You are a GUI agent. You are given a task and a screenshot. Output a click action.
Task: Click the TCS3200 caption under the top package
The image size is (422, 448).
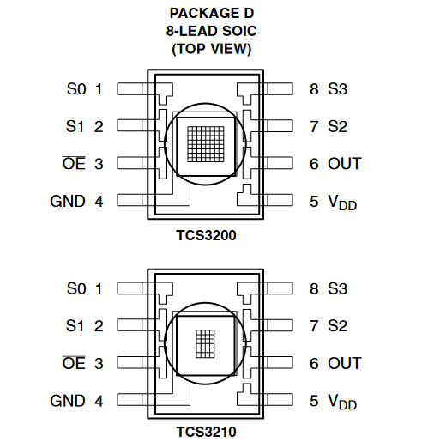tap(206, 235)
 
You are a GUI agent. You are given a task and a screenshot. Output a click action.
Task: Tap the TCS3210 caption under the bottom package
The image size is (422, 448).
tap(206, 432)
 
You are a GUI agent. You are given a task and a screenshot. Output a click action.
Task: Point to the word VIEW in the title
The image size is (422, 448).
tap(231, 49)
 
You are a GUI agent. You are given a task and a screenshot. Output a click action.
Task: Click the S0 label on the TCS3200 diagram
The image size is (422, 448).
tap(76, 89)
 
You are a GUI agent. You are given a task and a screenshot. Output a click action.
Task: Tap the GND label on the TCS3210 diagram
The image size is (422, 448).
tap(68, 401)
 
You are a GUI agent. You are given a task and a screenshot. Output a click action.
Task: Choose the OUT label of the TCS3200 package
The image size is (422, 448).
tap(345, 164)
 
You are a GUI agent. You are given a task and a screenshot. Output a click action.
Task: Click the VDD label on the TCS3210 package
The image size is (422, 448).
tap(342, 402)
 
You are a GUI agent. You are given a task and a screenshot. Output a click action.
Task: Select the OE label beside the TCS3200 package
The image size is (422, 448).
tap(74, 163)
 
